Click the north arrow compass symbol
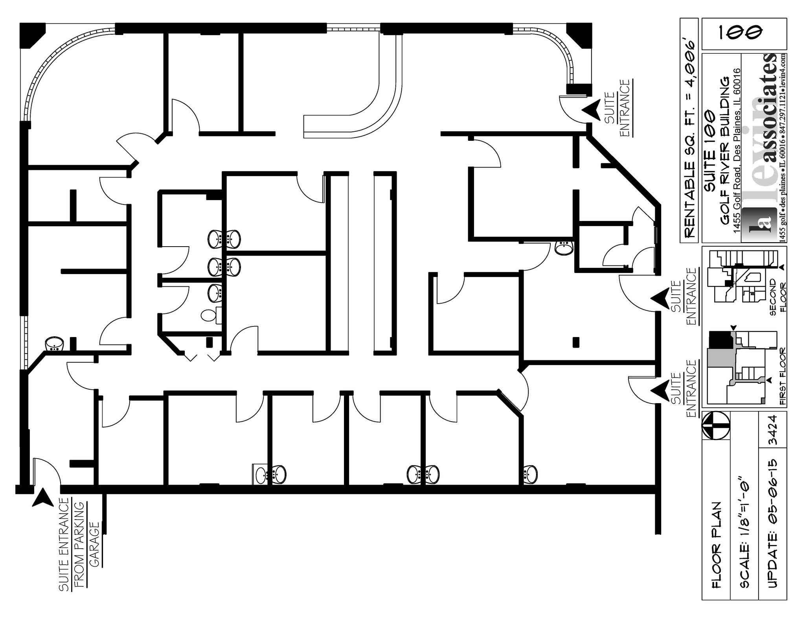(716, 426)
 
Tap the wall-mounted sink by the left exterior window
(55, 344)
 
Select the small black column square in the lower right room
(576, 342)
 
